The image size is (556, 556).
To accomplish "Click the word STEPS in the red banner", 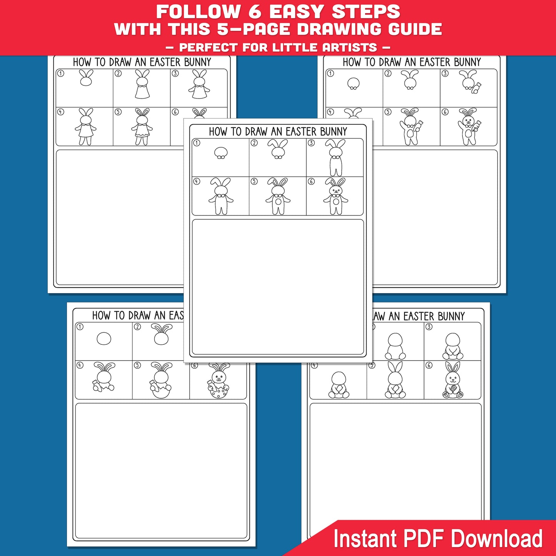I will pyautogui.click(x=366, y=12).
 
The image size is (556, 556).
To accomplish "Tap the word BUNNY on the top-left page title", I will pyautogui.click(x=198, y=62).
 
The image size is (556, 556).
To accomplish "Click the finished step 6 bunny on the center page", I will pyautogui.click(x=336, y=196).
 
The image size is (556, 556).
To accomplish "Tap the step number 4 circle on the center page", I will pyautogui.click(x=197, y=181).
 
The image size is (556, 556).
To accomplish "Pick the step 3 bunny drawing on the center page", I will pyautogui.click(x=336, y=158).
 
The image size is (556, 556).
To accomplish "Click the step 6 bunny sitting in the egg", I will pyautogui.click(x=219, y=381).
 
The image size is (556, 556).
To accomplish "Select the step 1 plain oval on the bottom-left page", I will pyautogui.click(x=104, y=339).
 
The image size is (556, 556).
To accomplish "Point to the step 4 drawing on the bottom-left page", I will pyautogui.click(x=103, y=377).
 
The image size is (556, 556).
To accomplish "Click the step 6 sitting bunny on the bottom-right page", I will pyautogui.click(x=453, y=380).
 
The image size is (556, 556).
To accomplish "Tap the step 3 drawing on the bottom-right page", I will pyautogui.click(x=452, y=346).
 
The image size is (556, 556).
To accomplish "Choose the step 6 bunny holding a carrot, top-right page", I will pyautogui.click(x=469, y=127).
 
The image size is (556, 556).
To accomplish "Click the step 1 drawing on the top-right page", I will pyautogui.click(x=353, y=83).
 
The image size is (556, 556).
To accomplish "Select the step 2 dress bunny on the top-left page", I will pyautogui.click(x=142, y=84).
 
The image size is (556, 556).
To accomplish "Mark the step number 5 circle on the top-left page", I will pyautogui.click(x=118, y=112).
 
